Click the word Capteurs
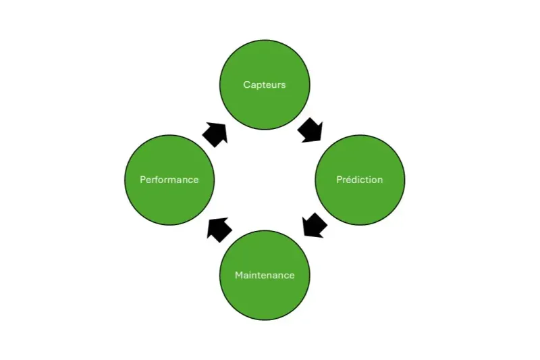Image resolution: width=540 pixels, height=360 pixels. pos(265,85)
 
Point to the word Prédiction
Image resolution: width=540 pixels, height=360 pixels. pos(360,180)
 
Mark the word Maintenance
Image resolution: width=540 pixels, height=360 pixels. pos(265,276)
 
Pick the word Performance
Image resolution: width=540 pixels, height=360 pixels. pos(169,180)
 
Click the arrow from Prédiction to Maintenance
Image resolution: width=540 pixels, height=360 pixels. pos(314,225)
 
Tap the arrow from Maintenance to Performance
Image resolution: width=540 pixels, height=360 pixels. pos(219,228)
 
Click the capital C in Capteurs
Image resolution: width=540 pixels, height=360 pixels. pos(246,85)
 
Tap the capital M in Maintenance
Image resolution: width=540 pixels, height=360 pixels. pos(239,276)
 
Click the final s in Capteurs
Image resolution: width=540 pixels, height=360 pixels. pos(283,85)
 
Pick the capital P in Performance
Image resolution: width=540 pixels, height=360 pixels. pos(143,180)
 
